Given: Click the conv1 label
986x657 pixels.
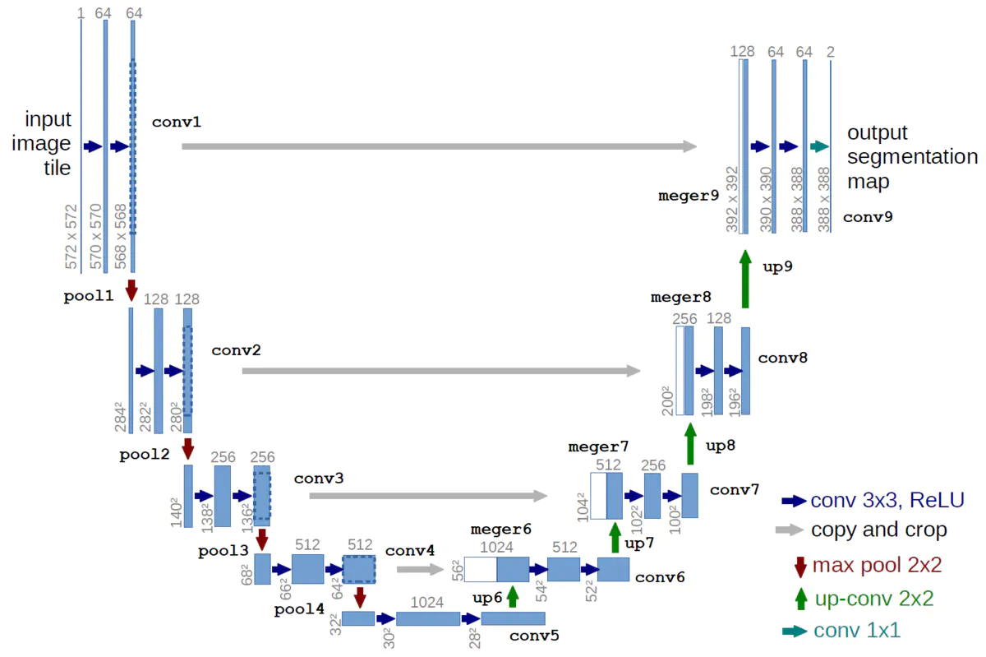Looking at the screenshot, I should pyautogui.click(x=176, y=123).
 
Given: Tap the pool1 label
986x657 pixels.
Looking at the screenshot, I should pyautogui.click(x=89, y=296).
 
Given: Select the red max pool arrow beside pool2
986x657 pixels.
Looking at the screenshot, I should pyautogui.click(x=188, y=448).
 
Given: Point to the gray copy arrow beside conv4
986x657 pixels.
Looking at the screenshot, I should pyautogui.click(x=419, y=568).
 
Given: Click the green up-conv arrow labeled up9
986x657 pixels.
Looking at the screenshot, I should pyautogui.click(x=745, y=280).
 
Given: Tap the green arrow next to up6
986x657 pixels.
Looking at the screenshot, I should pyautogui.click(x=513, y=595).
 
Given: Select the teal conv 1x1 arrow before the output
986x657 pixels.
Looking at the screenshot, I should pyautogui.click(x=818, y=146).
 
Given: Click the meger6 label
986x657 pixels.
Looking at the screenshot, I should pyautogui.click(x=501, y=529).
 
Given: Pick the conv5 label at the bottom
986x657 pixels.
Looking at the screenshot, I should pyautogui.click(x=534, y=635).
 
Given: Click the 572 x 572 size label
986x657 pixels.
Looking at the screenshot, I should pyautogui.click(x=71, y=236).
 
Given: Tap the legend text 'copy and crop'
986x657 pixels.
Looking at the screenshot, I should pyautogui.click(x=878, y=530).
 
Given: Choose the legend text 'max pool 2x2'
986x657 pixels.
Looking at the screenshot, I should pyautogui.click(x=877, y=565).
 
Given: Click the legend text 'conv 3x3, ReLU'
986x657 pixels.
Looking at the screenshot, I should pyautogui.click(x=887, y=500).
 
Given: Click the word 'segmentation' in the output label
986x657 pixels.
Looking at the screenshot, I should pyautogui.click(x=912, y=156).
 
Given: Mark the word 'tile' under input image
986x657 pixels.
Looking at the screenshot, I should pyautogui.click(x=57, y=168).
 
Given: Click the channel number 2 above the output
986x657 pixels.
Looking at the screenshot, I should pyautogui.click(x=831, y=52).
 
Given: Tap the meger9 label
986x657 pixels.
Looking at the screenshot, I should pyautogui.click(x=689, y=196).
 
